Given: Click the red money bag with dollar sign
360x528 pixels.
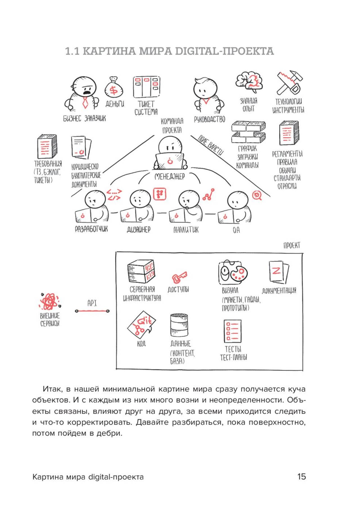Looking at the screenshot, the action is point(114,88).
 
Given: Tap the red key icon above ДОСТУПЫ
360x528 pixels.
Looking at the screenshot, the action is point(179,277).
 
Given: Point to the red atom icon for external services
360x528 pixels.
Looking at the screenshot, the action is point(49,301).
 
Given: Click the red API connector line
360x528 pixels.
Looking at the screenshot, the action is point(92,311).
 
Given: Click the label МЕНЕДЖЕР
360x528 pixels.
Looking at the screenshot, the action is point(170,177).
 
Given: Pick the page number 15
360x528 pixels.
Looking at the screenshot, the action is point(301,477).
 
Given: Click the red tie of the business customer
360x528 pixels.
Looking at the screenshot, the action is point(85,103).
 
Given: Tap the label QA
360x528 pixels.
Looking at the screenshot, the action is point(236,230).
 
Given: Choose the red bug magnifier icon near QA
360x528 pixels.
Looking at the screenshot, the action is point(256,195).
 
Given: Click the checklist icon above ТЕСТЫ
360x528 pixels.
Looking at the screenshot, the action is point(233,331).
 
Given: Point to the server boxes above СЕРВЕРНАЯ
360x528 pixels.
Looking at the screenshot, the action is point(141,271).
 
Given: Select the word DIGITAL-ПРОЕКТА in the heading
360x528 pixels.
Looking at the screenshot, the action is point(224,51).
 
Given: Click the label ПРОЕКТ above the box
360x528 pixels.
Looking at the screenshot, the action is point(292,245).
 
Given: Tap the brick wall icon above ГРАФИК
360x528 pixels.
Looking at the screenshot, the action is point(248,132).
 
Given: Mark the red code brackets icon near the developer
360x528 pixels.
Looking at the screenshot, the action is point(114,195).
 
